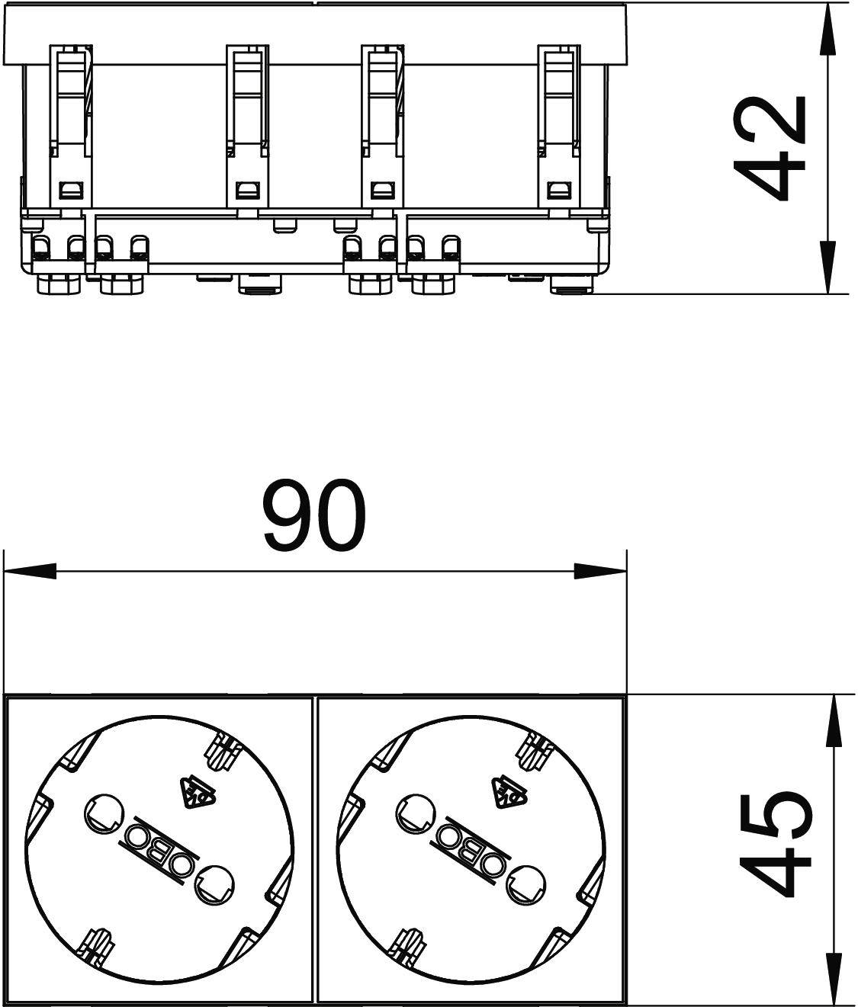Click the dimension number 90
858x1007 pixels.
[x=314, y=515]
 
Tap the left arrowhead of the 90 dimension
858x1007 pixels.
[x=31, y=571]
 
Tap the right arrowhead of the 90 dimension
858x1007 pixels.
[x=599, y=571]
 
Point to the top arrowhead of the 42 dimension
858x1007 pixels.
[x=828, y=30]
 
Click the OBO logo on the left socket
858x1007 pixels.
[x=156, y=849]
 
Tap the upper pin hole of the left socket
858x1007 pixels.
[x=101, y=813]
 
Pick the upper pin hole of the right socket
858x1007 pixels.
[x=413, y=813]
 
